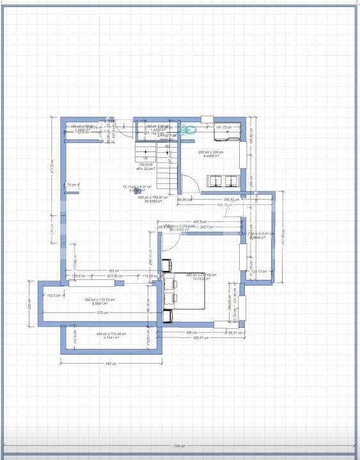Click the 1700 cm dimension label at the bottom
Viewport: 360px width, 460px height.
coord(178,446)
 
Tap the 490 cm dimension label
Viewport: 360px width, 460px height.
coord(111,364)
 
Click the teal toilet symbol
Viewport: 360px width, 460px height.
coord(187,130)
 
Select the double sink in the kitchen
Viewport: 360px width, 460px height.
coord(224,180)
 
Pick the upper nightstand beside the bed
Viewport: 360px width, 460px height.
coord(168,264)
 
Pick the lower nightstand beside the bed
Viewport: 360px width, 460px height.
coord(168,315)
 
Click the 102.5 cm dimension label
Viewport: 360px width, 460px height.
coord(54,295)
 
